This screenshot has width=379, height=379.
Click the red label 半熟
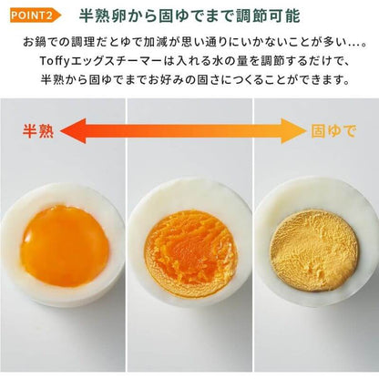click(37, 129)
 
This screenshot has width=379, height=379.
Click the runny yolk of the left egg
click(65, 244)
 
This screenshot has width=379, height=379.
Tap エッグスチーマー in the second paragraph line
click(119, 60)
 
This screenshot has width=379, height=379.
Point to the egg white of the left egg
click(18, 273)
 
